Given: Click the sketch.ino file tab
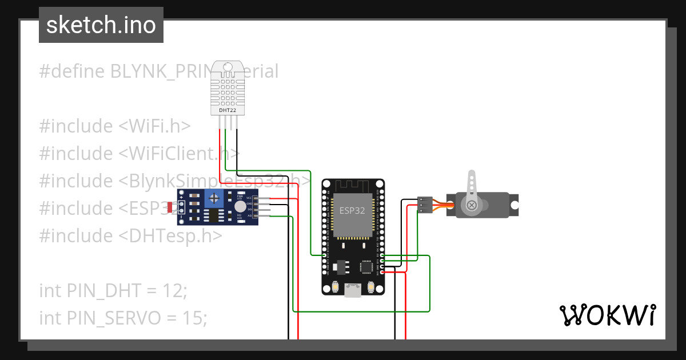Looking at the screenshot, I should (101, 25).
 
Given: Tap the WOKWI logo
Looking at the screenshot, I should (607, 315).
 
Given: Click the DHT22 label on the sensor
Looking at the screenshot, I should (227, 110).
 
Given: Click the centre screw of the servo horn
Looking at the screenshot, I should (472, 205).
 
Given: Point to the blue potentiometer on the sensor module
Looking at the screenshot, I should (214, 199).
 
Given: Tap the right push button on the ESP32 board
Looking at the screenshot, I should (372, 286).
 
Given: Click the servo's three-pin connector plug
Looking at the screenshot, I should (425, 205).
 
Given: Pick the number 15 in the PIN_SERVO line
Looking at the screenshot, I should (194, 318).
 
